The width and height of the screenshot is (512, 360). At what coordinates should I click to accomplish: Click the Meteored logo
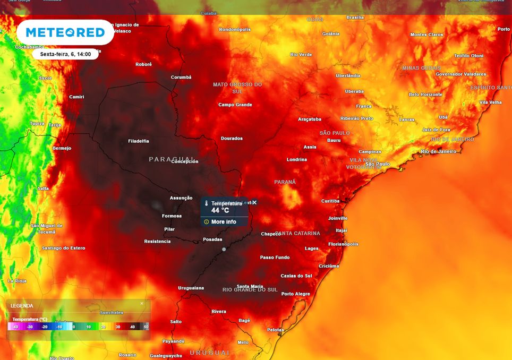click(x=65, y=32)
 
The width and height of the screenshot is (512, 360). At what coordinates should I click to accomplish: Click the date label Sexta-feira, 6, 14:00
click(x=65, y=54)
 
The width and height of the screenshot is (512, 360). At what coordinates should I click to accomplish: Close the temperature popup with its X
click(x=254, y=202)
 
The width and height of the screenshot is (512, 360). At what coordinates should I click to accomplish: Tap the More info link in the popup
click(x=223, y=222)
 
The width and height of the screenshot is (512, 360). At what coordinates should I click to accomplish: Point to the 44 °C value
click(x=220, y=210)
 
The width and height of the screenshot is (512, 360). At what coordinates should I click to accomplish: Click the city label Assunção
click(x=181, y=198)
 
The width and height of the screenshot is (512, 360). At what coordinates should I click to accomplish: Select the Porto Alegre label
click(x=295, y=294)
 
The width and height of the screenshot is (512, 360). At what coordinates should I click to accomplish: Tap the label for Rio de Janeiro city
click(x=438, y=151)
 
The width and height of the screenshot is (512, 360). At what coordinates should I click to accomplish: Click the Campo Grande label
click(x=235, y=105)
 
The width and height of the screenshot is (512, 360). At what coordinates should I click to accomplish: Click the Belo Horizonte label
click(x=425, y=95)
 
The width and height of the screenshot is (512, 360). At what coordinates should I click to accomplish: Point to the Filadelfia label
click(x=139, y=141)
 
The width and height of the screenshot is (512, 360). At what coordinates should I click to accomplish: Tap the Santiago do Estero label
click(x=64, y=248)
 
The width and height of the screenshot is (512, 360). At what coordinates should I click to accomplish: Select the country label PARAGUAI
click(x=172, y=159)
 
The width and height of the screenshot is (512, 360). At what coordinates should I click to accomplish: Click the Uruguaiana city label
click(x=191, y=288)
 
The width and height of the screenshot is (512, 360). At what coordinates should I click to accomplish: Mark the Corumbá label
click(x=181, y=77)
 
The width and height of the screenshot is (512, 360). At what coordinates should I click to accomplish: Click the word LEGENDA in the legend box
click(x=22, y=306)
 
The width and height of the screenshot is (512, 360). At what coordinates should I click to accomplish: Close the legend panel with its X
click(x=142, y=304)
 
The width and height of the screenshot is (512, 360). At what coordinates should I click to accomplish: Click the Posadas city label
click(x=212, y=239)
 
